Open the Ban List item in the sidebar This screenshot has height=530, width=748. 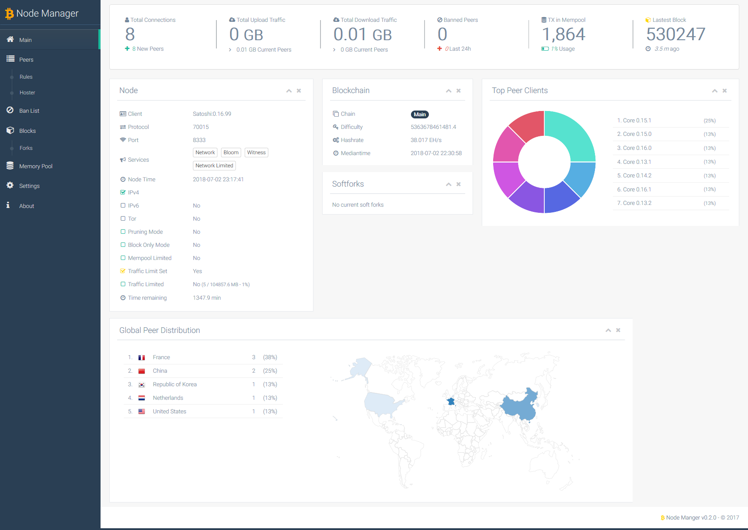click(x=29, y=111)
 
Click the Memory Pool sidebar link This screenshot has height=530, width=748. click(x=35, y=166)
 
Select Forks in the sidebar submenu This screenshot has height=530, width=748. click(x=26, y=148)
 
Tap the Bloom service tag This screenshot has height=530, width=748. click(x=231, y=152)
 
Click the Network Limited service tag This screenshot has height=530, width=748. click(x=214, y=166)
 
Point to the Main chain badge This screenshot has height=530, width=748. click(x=420, y=114)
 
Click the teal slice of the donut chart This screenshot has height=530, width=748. click(x=571, y=135)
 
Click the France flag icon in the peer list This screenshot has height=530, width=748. click(x=142, y=357)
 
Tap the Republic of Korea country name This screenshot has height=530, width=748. click(x=174, y=385)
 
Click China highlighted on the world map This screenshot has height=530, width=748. click(x=518, y=406)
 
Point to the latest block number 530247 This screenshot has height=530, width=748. click(x=675, y=34)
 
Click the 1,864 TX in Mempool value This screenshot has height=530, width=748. click(x=564, y=34)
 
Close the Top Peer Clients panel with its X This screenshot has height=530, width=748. click(x=724, y=91)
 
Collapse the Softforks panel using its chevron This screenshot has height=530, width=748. click(x=449, y=184)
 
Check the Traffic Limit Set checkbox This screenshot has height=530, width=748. click(x=123, y=271)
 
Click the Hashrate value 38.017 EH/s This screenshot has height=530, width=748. click(x=426, y=140)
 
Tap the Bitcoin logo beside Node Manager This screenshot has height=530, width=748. click(x=9, y=14)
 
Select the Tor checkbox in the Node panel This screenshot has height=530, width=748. click(x=123, y=219)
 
